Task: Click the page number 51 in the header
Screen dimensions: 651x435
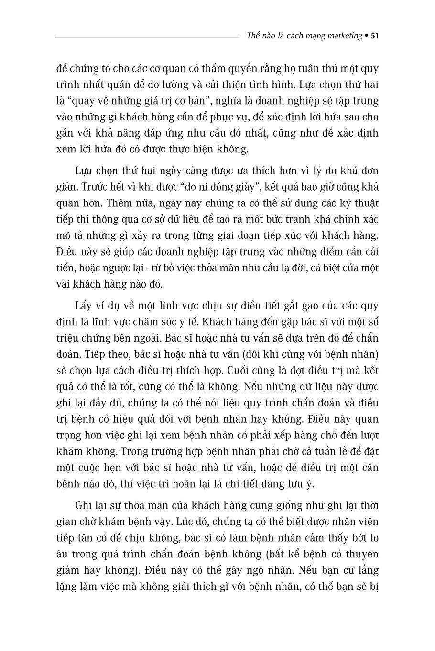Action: pos(375,36)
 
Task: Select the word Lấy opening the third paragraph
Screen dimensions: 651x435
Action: pos(85,306)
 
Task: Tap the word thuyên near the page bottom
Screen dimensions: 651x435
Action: pos(361,555)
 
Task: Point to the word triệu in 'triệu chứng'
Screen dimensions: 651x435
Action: pos(67,338)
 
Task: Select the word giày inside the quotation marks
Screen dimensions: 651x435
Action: pos(241,187)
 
